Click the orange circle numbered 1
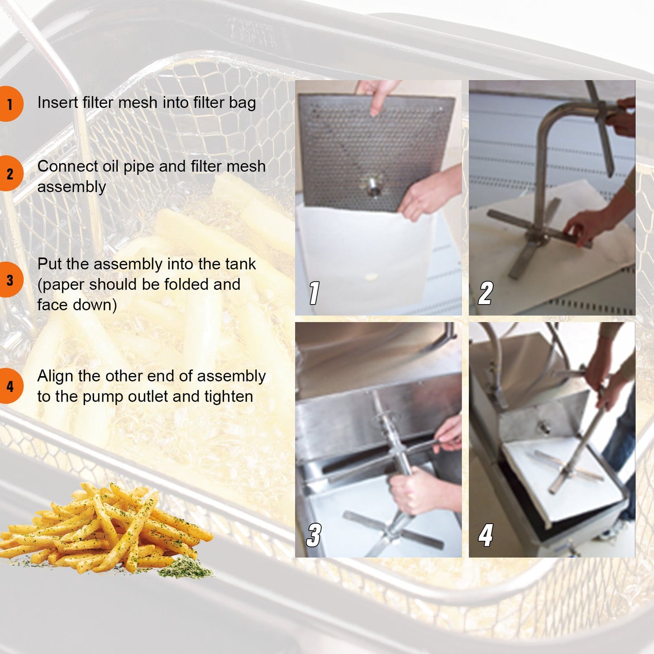click(10, 104)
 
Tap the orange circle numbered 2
click(10, 173)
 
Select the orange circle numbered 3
click(10, 280)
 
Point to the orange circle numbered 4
click(10, 386)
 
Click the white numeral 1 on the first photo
click(314, 292)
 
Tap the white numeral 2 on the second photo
click(485, 292)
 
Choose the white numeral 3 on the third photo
click(314, 535)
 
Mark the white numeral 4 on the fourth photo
click(486, 535)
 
